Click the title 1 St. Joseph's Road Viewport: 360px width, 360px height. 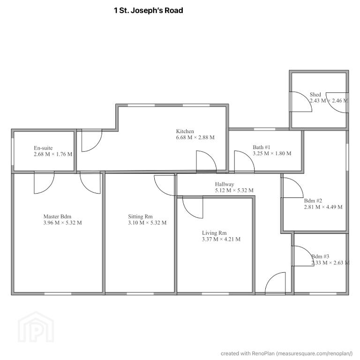149,11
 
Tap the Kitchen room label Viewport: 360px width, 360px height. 185,131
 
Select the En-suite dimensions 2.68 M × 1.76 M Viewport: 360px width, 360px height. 53,154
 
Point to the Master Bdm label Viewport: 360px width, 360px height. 57,217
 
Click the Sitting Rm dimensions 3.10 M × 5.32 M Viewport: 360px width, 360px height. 147,223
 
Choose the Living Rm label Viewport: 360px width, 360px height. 214,233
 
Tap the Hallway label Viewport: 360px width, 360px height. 225,184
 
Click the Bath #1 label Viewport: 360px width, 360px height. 262,147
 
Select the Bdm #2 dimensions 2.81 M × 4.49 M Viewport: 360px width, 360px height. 323,207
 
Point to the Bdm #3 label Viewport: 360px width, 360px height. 320,256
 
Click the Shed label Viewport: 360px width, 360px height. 315,94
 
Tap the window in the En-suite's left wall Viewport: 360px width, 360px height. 13,151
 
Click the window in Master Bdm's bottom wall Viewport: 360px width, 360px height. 58,293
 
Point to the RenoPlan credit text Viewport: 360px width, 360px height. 286,353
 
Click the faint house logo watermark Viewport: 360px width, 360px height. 36,327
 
